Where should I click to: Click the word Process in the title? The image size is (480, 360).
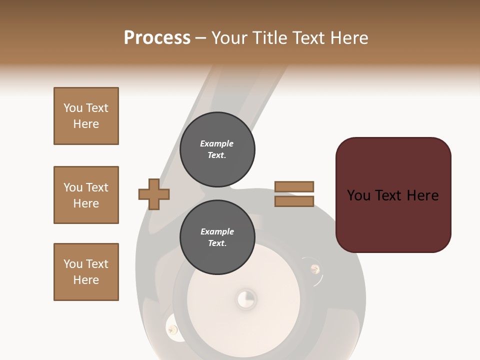[157, 38]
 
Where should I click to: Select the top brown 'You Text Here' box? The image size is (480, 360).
[86, 116]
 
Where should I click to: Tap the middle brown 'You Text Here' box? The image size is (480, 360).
[86, 195]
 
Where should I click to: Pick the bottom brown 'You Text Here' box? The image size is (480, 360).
[86, 272]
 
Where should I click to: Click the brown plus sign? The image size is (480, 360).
[154, 194]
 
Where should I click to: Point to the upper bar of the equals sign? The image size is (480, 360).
[294, 187]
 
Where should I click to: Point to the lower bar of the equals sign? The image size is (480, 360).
[294, 201]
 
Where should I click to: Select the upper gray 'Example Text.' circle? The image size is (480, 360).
[217, 149]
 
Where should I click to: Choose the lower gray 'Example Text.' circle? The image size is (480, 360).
[217, 237]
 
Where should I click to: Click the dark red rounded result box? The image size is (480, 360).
[393, 225]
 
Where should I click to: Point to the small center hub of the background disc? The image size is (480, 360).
[245, 299]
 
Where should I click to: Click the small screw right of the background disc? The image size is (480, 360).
[315, 269]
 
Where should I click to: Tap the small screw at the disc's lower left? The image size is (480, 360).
[172, 329]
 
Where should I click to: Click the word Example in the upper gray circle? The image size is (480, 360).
[217, 143]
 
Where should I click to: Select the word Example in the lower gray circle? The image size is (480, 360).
[217, 231]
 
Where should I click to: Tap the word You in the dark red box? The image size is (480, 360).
[359, 195]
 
